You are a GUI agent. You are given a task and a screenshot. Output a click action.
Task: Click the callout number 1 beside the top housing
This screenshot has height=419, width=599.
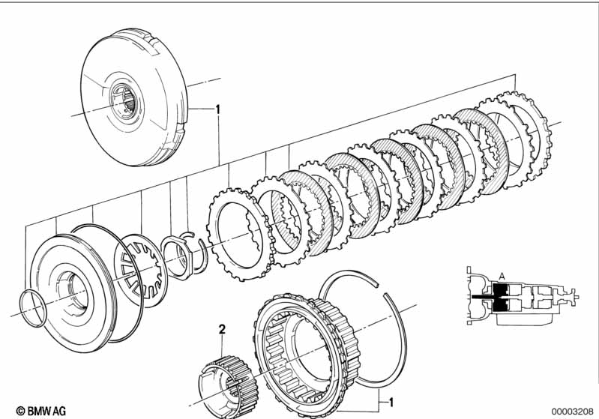click(x=217, y=109)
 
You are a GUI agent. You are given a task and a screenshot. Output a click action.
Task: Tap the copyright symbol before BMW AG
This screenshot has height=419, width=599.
click(x=10, y=410)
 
